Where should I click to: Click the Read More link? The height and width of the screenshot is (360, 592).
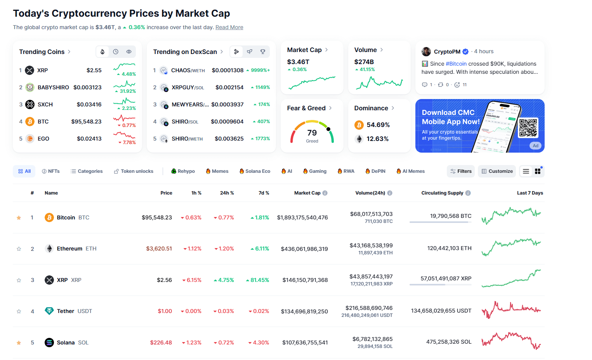click(x=229, y=27)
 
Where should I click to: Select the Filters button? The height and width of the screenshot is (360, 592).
click(x=461, y=171)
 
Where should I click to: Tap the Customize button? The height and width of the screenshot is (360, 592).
click(x=497, y=171)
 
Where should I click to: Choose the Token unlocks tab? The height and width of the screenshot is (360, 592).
click(x=134, y=171)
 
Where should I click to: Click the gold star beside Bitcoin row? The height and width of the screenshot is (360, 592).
click(x=19, y=218)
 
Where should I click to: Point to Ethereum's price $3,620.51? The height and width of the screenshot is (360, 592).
click(x=159, y=249)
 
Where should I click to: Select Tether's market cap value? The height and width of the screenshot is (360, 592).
click(x=304, y=311)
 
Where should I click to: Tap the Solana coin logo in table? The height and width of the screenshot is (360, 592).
click(x=49, y=343)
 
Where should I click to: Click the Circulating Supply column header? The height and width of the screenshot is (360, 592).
click(x=442, y=193)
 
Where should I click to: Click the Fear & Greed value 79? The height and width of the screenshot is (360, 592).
click(x=312, y=133)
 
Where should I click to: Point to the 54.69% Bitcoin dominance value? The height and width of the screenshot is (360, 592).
click(x=378, y=125)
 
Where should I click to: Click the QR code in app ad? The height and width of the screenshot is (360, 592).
click(x=528, y=128)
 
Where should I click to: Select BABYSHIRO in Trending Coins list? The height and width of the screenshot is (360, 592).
click(x=53, y=87)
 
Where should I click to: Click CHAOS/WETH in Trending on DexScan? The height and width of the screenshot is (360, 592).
click(x=188, y=70)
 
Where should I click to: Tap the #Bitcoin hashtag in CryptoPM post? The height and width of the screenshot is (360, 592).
click(x=456, y=64)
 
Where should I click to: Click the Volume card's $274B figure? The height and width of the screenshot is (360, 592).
click(x=364, y=62)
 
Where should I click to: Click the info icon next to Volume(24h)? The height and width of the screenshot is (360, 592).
click(x=390, y=193)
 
